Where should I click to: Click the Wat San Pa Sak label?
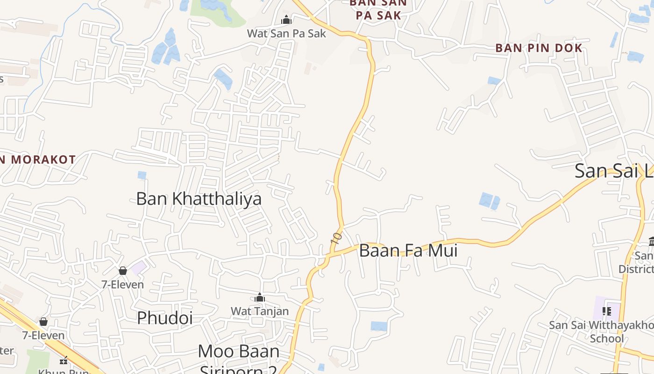click(x=286, y=33)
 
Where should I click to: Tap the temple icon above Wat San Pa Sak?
click(x=286, y=20)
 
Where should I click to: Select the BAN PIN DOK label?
click(x=539, y=48)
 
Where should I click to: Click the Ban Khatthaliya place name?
click(x=199, y=199)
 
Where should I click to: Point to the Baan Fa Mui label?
click(x=408, y=251)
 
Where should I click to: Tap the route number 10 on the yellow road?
click(x=336, y=237)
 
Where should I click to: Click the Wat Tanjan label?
click(x=260, y=311)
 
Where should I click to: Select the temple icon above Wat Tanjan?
click(x=260, y=298)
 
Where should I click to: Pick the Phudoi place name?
click(x=164, y=318)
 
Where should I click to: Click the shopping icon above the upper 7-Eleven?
click(x=123, y=271)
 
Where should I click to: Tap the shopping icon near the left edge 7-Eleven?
click(x=43, y=322)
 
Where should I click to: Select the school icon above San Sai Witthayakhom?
click(x=607, y=311)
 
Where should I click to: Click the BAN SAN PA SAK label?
click(x=378, y=9)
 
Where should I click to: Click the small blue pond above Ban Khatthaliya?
click(x=142, y=175)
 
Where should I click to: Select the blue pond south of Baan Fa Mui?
click(x=379, y=326)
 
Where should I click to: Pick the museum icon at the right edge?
click(x=651, y=242)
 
